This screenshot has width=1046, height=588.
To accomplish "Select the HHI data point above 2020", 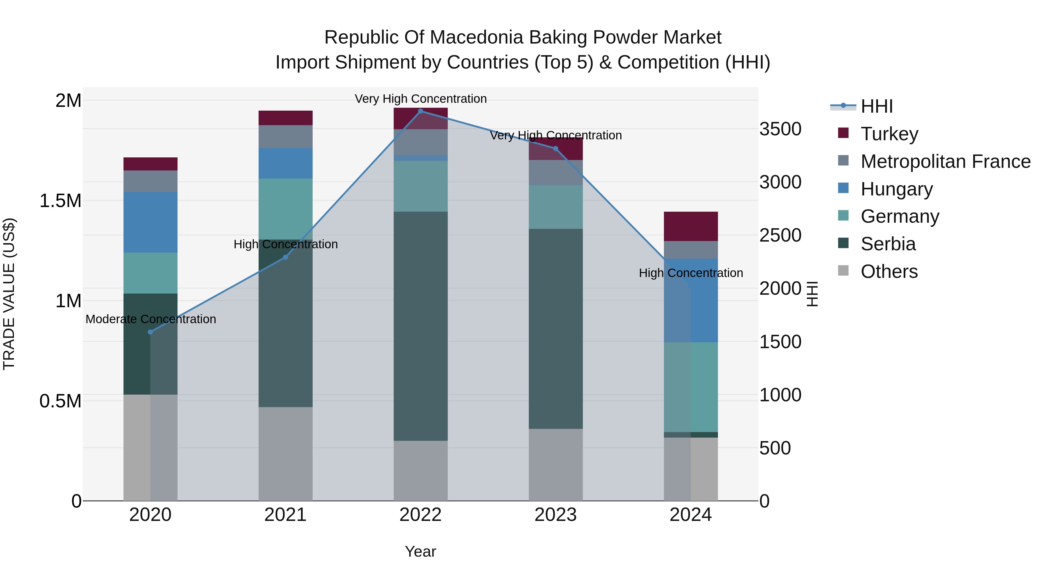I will click(x=150, y=332).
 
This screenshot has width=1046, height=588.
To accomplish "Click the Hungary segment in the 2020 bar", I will click(x=150, y=222).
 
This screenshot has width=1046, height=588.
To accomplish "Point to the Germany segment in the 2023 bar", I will click(x=556, y=207).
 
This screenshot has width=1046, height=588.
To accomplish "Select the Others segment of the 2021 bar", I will click(x=285, y=454).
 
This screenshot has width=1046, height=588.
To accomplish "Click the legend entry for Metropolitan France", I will click(x=945, y=161).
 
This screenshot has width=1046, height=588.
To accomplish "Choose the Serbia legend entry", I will click(x=888, y=244).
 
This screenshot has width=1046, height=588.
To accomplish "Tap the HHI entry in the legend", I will click(x=876, y=106).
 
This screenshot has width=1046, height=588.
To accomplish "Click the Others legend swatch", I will click(x=843, y=271).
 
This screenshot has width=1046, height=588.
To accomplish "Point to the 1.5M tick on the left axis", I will click(x=60, y=200).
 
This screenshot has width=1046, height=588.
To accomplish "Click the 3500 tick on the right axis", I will click(x=780, y=129).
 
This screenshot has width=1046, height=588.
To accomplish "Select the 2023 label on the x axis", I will click(x=556, y=515).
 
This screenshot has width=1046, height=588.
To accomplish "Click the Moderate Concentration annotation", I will click(x=151, y=319).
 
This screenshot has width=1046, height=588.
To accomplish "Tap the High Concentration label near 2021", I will click(x=285, y=244).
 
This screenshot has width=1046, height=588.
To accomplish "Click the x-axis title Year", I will click(x=420, y=551).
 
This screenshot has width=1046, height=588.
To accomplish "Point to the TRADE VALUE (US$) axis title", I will click(x=9, y=294).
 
